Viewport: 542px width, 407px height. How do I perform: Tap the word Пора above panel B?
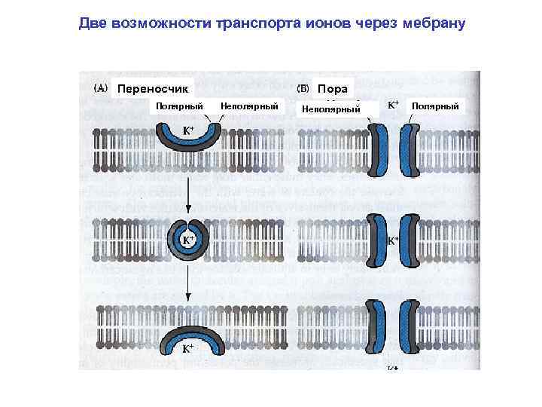click(x=332, y=88)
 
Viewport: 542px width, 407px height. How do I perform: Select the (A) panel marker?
click(x=99, y=87)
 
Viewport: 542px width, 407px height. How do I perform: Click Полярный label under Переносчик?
click(x=179, y=106)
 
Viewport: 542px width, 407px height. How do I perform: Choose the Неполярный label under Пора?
click(x=330, y=110)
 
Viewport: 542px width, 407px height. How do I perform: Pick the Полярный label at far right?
click(x=434, y=106)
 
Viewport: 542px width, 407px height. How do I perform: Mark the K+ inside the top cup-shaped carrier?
click(x=189, y=131)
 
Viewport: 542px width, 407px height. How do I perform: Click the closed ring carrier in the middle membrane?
click(x=188, y=240)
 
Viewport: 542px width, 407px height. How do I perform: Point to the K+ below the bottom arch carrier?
click(x=188, y=349)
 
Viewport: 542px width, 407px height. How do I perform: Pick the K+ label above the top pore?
click(x=393, y=106)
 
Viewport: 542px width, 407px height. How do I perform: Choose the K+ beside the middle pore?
click(x=393, y=241)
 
